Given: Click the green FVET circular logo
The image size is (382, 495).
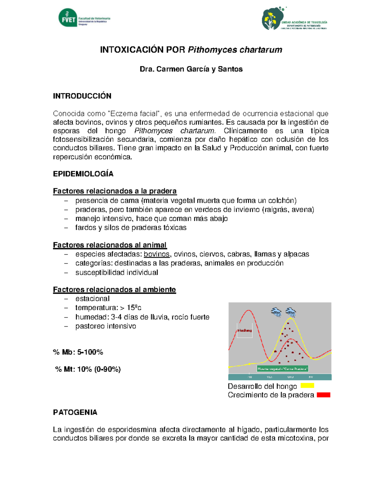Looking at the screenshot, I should click(68, 18).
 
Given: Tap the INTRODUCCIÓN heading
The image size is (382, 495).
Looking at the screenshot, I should click(82, 96).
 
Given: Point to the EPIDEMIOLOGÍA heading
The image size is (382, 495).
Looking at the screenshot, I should click(83, 174).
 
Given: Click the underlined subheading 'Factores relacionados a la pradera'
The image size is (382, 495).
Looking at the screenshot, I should click(115, 191).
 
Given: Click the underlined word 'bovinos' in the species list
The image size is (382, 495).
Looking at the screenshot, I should click(157, 254).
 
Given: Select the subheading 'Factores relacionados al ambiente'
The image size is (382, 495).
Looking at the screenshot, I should click(114, 289).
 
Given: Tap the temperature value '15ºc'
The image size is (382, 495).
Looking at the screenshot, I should click(134, 308).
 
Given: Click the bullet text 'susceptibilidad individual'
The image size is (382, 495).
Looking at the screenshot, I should click(117, 273).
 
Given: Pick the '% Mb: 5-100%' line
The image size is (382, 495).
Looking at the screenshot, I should click(78, 352).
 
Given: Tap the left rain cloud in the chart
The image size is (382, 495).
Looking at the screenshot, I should click(276, 312).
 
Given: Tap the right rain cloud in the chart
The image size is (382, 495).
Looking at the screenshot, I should click(291, 312).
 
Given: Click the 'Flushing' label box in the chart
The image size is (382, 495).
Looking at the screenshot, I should click(244, 331).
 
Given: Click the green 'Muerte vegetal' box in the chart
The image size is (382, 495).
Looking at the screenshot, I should click(282, 369).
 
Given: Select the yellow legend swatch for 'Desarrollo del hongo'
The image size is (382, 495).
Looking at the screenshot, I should click(307, 386).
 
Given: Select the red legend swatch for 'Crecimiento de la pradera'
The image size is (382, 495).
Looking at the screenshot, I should click(323, 395).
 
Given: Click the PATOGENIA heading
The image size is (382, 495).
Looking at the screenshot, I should click(75, 412).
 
